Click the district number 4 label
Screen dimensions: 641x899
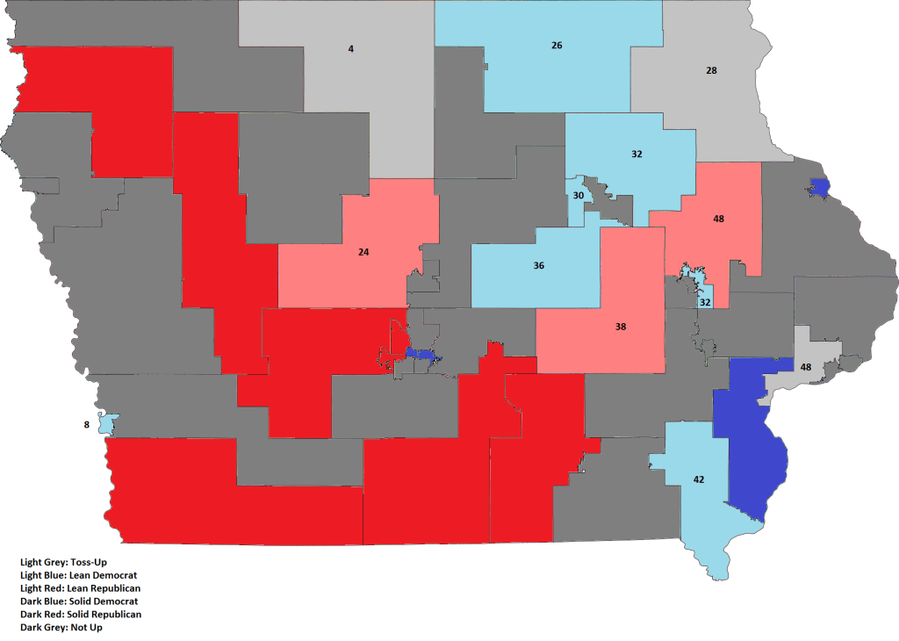coord(351,48)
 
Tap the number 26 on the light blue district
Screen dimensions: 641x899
coord(557,45)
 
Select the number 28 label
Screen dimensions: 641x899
coord(712,69)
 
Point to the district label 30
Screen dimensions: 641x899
coord(579,196)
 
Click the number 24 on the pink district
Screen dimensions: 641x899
coord(363,252)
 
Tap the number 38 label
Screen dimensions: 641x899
coord(621,326)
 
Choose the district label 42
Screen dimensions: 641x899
coord(699,479)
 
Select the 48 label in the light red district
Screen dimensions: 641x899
coord(719,218)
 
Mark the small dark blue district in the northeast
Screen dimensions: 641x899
coord(820,187)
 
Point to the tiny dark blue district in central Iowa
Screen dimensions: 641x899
coord(422,354)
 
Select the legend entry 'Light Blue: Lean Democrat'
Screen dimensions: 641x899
coord(78,574)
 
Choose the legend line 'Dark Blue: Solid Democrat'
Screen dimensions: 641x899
coord(78,601)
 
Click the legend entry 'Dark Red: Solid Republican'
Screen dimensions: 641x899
coord(81,615)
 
